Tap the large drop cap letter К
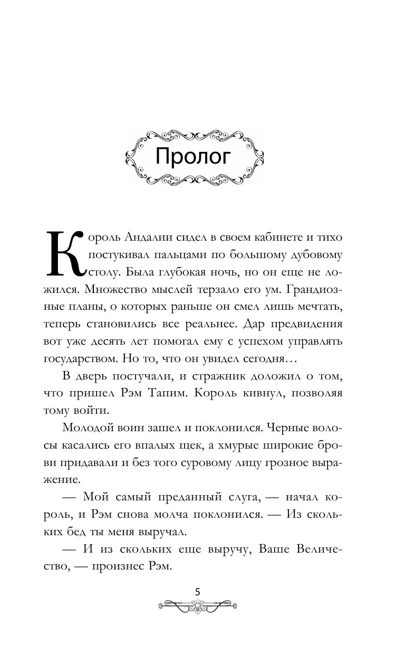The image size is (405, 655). (65, 253)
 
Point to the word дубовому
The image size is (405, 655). (314, 256)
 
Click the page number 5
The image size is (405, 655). (198, 592)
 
